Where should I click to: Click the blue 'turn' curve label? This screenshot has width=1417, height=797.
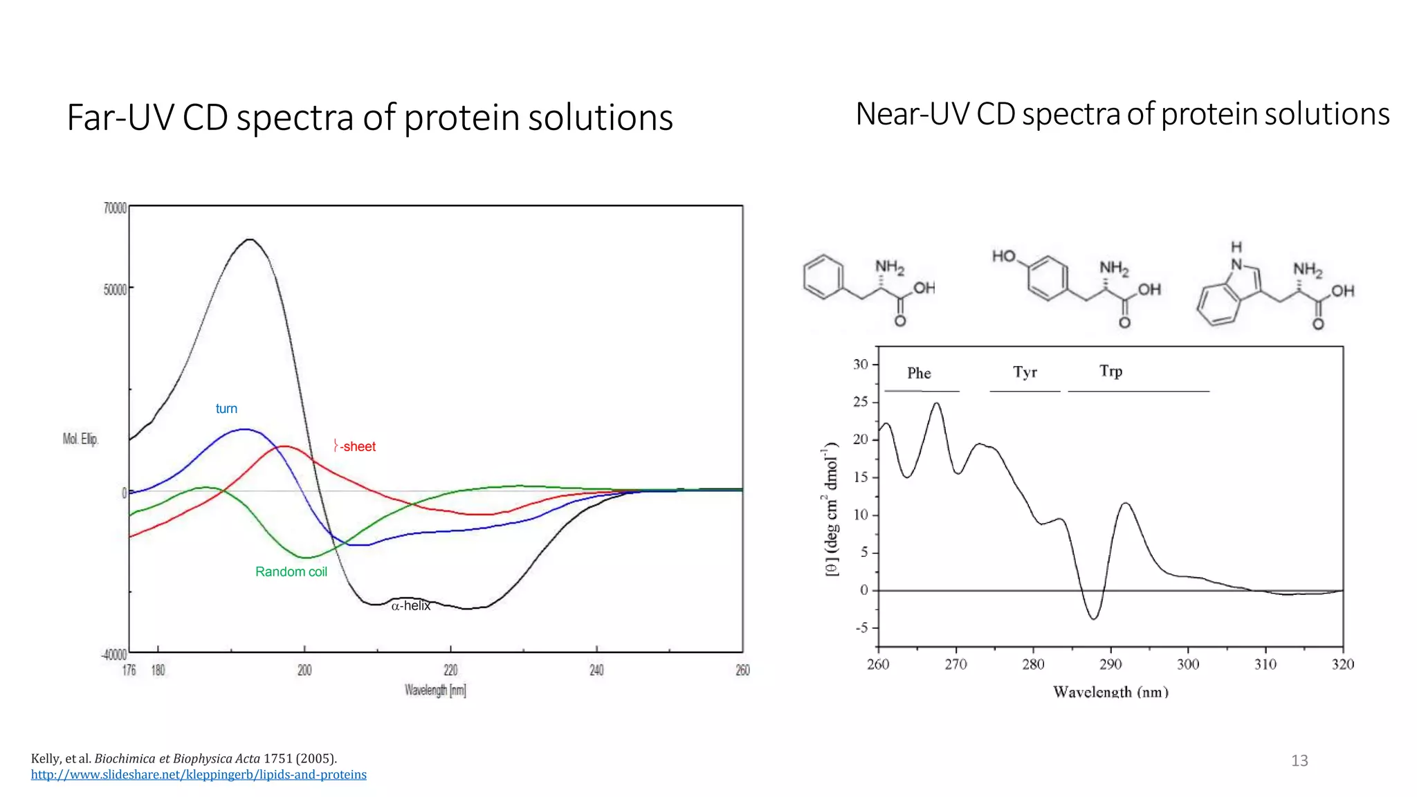click(226, 409)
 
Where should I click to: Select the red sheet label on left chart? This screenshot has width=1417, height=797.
click(355, 446)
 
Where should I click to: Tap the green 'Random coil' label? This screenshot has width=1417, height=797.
click(291, 571)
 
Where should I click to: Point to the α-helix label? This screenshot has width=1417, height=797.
click(411, 606)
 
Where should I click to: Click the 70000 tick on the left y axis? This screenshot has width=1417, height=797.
click(115, 208)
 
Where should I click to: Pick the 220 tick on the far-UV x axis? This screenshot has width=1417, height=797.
click(450, 670)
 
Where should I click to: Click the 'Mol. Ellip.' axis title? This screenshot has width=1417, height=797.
click(80, 439)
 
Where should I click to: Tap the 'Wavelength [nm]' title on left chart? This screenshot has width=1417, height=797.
click(435, 690)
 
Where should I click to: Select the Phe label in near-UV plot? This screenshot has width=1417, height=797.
click(919, 374)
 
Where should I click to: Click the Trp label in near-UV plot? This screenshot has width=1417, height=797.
click(1110, 372)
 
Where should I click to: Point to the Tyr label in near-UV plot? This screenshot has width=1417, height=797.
click(1025, 372)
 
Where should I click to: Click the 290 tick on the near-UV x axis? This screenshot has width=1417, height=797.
click(1110, 664)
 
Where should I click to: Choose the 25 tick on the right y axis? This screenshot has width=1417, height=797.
click(860, 402)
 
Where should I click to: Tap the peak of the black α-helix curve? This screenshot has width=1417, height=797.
click(250, 239)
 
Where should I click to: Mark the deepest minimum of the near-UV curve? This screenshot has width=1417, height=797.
click(1093, 619)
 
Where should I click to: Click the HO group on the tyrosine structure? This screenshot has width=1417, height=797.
click(1003, 257)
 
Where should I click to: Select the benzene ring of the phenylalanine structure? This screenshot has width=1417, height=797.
click(823, 277)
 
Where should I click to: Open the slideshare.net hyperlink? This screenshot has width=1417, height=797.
click(199, 775)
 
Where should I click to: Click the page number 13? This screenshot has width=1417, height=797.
click(1299, 760)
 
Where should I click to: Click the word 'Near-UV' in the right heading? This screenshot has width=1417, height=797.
click(912, 114)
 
